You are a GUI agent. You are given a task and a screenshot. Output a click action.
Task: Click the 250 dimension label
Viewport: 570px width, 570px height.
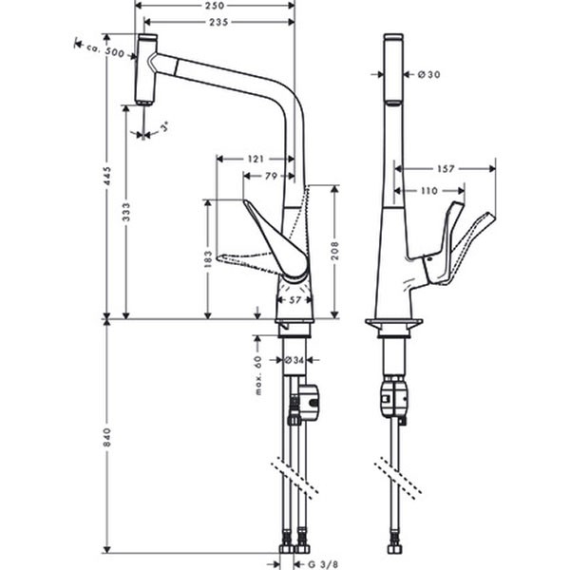tap(215, 6)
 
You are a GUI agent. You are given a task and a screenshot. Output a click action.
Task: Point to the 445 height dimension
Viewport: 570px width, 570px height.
tap(107, 177)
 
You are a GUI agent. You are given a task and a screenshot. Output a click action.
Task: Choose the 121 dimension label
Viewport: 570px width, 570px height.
tap(255, 159)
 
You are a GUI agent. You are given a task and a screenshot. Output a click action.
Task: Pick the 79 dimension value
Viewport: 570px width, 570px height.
tap(270, 175)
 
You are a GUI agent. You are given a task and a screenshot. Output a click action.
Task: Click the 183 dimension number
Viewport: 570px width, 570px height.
tap(207, 258)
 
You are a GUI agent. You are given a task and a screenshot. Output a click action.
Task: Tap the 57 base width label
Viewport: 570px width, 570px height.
tap(294, 300)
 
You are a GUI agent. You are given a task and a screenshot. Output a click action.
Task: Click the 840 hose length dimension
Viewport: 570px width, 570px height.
tap(107, 437)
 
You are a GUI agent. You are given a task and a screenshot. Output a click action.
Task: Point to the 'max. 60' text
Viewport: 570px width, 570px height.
tap(257, 374)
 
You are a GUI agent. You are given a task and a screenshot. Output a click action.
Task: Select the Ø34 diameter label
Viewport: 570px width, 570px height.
tap(294, 360)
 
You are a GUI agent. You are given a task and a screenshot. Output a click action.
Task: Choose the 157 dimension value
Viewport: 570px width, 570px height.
tap(446, 169)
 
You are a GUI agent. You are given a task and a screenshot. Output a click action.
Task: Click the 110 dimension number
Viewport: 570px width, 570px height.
tap(428, 191)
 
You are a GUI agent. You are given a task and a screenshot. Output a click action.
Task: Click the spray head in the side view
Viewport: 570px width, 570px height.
tap(145, 68)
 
